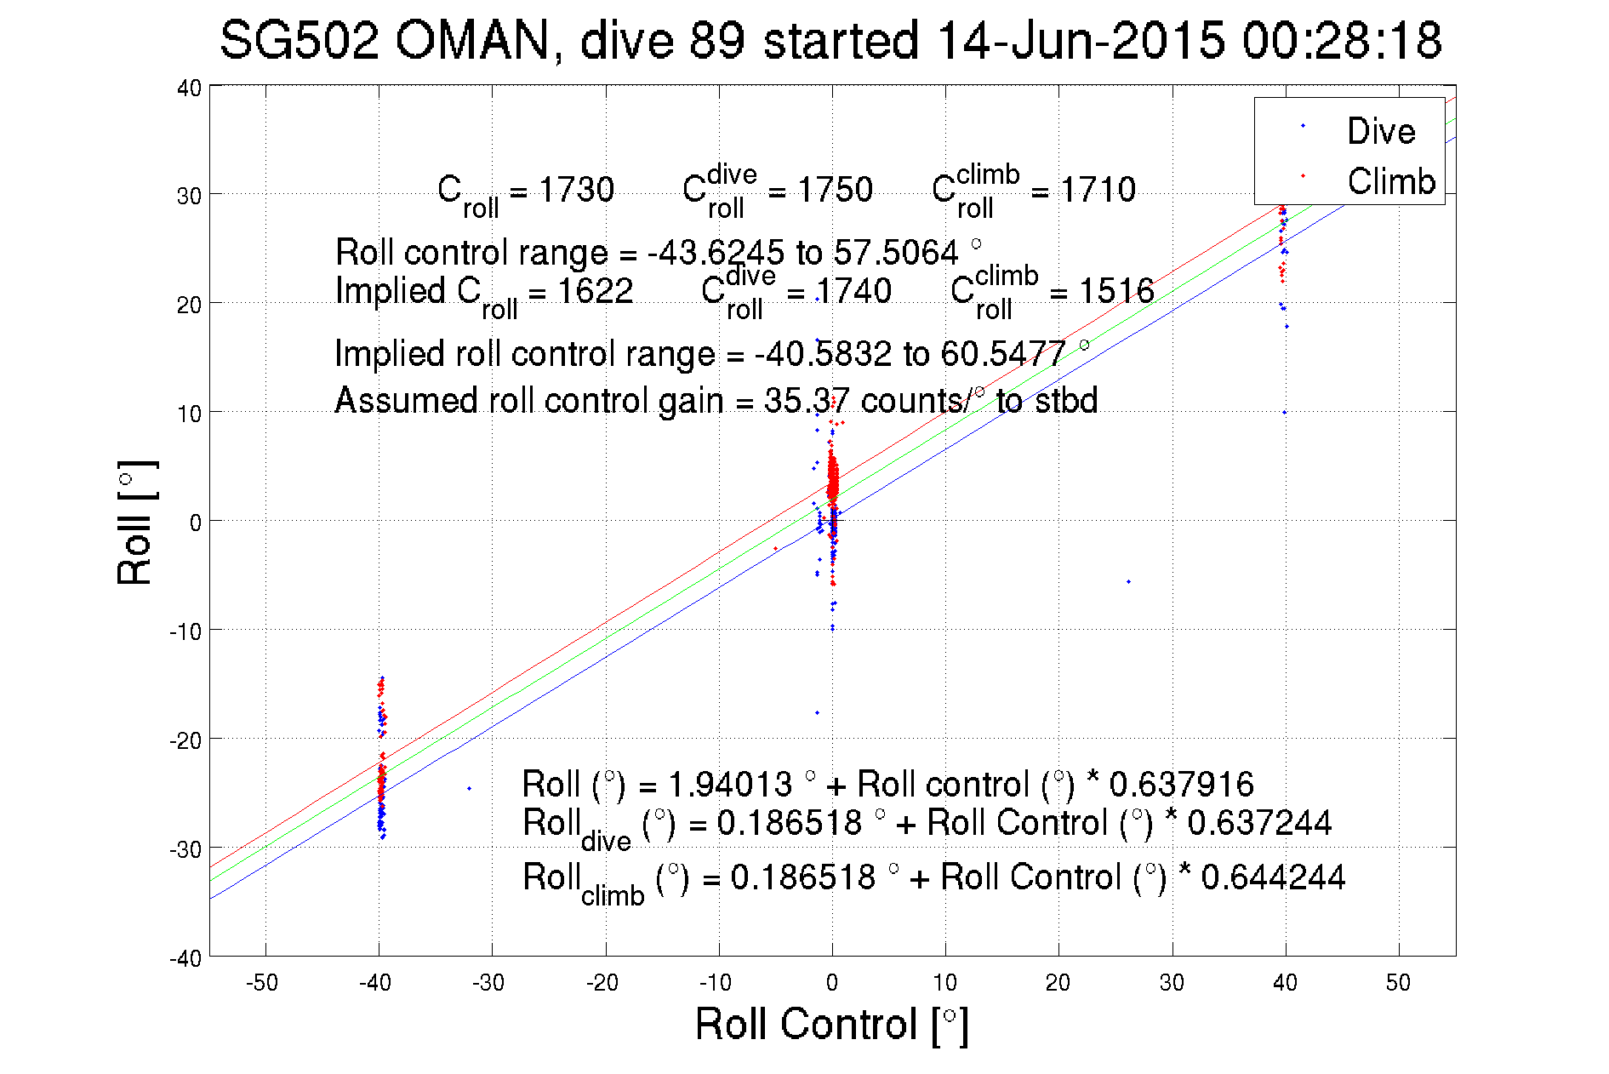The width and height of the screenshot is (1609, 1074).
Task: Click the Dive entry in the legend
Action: click(1380, 131)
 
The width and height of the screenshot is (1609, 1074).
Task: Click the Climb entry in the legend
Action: click(1390, 181)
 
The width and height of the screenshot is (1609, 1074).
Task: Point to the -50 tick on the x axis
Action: click(262, 983)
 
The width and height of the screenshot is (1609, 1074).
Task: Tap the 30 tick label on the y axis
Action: click(189, 196)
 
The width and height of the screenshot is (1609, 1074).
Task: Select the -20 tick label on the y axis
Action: click(185, 740)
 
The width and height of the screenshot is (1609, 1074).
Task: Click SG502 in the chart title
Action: click(299, 40)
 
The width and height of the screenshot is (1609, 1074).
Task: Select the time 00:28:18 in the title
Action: click(1342, 40)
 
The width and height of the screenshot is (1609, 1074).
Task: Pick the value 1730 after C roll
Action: click(576, 190)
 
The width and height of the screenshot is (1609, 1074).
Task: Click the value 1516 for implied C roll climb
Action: click(1116, 291)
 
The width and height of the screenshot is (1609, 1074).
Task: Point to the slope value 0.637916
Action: click(1181, 784)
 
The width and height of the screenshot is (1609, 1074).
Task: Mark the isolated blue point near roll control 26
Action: click(1128, 581)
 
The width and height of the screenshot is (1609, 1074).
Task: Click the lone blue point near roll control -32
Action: click(469, 788)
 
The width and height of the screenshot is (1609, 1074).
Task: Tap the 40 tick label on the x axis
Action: click(1285, 983)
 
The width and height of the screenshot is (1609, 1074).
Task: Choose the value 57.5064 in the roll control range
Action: click(895, 253)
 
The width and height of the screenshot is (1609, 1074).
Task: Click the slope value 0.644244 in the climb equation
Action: click(1273, 877)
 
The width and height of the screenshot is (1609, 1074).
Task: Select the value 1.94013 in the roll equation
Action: click(730, 784)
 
